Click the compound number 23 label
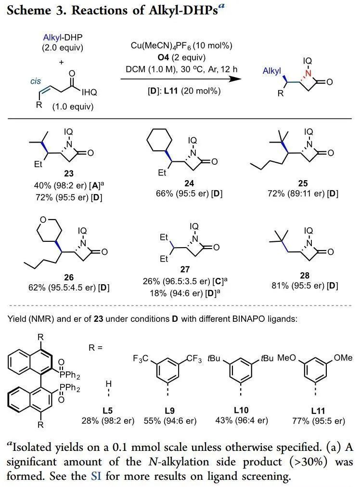tap(69, 173)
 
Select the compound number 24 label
tap(189, 183)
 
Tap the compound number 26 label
tap(69, 277)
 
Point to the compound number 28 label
tap(305, 275)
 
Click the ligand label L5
tap(107, 410)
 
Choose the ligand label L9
tap(169, 410)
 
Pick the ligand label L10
tap(241, 410)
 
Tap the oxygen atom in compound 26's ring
tap(43, 220)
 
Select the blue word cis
tap(36, 81)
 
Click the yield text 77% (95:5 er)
tap(319, 421)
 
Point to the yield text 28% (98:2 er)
tap(108, 421)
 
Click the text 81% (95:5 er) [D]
tap(305, 286)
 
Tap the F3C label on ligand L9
tap(141, 358)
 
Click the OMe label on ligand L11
tap(343, 358)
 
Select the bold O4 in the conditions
tap(163, 57)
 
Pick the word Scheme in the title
tap(29, 10)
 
